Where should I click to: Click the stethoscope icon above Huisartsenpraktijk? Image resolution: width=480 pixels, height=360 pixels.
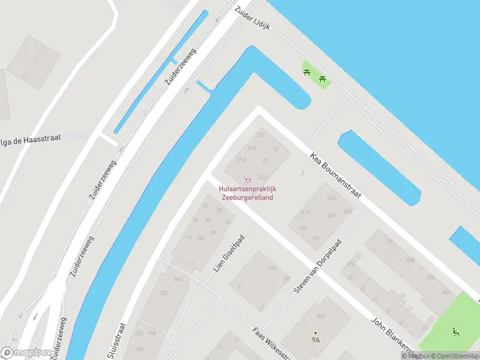(247, 178)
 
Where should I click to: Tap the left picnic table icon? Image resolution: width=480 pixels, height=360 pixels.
(307, 73)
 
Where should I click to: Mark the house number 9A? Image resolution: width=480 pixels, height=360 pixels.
(316, 340)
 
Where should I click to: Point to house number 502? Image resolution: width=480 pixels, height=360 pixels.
(164, 293)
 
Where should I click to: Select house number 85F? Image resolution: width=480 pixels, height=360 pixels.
(320, 316)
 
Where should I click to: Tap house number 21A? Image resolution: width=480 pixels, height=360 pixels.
(242, 160)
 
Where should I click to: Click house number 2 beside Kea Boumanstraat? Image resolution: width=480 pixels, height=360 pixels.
(303, 173)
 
